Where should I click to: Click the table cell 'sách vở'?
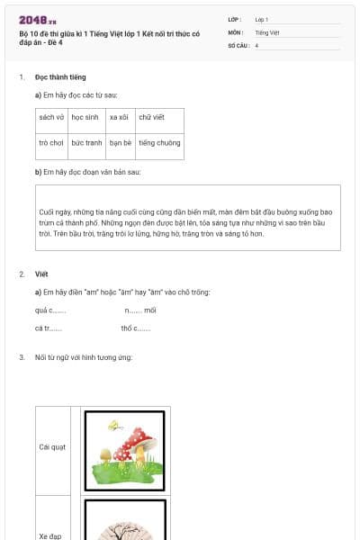pyautogui.click(x=51, y=117)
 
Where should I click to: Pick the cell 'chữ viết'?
pyautogui.click(x=152, y=117)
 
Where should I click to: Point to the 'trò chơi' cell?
pyautogui.click(x=51, y=142)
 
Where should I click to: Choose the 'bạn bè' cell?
pyautogui.click(x=121, y=142)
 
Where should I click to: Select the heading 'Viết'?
pyautogui.click(x=41, y=274)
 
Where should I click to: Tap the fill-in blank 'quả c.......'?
pyautogui.click(x=50, y=310)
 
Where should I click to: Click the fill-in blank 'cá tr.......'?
pyautogui.click(x=49, y=328)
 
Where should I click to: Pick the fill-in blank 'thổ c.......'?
pyautogui.click(x=135, y=328)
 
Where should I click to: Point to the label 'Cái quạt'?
pyautogui.click(x=52, y=446)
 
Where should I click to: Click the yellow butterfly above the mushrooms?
pyautogui.click(x=113, y=423)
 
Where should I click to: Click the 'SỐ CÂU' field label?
pyautogui.click(x=238, y=45)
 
